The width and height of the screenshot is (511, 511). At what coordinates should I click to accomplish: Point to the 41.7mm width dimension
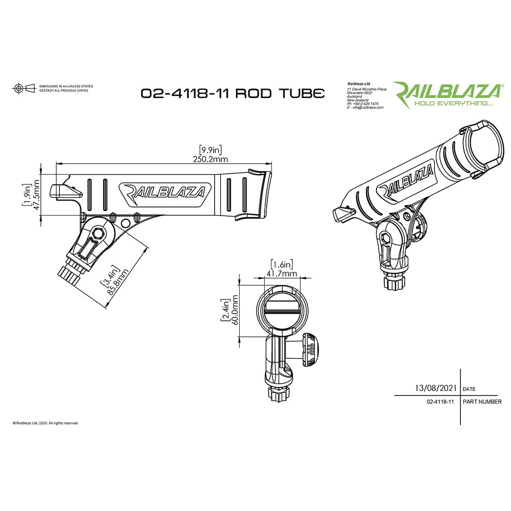coord(282,274)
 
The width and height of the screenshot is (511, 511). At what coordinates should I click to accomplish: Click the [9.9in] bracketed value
coord(210,150)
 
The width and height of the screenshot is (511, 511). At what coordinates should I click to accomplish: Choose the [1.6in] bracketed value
coord(282,264)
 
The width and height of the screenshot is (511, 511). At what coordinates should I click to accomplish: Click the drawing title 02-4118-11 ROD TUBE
coord(233,94)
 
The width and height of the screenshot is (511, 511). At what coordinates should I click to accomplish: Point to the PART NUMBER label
coord(482,402)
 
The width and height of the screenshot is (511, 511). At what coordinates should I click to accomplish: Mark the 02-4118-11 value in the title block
coord(440,402)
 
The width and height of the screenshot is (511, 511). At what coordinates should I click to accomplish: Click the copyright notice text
coord(45,423)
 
